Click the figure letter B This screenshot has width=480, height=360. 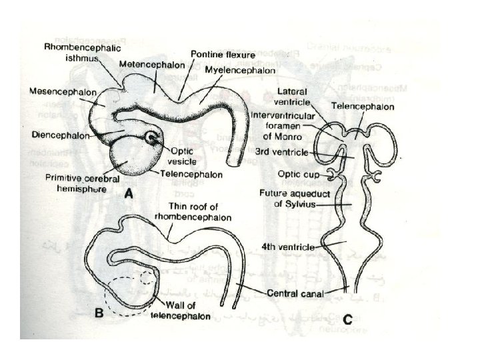[x=99, y=313]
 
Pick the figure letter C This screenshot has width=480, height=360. [x=347, y=319]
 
